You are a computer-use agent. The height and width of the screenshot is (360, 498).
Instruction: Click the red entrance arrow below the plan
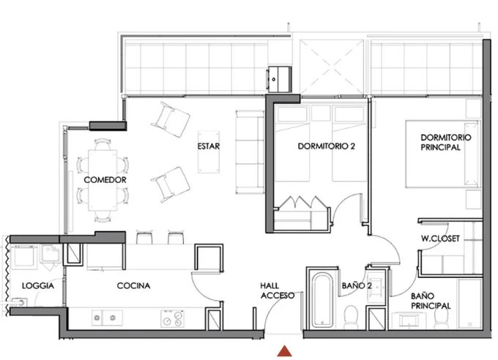(284, 351)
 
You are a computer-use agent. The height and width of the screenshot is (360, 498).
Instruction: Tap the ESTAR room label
(208, 146)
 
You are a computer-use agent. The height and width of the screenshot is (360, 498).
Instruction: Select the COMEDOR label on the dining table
(105, 180)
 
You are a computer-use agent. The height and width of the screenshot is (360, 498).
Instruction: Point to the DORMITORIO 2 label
(326, 146)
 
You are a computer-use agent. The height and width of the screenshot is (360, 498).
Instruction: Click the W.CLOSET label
(440, 239)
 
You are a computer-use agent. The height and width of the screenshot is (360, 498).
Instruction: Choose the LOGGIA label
(38, 285)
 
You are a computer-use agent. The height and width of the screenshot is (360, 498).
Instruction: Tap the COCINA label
(133, 285)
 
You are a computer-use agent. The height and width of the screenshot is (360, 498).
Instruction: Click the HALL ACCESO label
(278, 290)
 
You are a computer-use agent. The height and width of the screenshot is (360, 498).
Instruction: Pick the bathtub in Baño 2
(322, 300)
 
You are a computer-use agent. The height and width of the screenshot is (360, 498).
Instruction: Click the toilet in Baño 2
(351, 317)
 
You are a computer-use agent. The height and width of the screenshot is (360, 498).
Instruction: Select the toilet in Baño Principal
(441, 317)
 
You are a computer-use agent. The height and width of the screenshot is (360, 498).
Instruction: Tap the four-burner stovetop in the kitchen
(172, 318)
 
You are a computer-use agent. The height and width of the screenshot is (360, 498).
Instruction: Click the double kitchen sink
(108, 318)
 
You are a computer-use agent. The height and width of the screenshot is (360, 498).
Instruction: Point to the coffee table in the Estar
(209, 151)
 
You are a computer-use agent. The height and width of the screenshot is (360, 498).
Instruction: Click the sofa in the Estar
(250, 152)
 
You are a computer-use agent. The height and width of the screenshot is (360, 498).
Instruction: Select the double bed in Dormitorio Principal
(443, 154)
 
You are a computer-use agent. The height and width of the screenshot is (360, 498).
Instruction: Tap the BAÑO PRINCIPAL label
(431, 301)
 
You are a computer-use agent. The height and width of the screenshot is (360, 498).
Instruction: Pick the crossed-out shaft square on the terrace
(332, 67)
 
